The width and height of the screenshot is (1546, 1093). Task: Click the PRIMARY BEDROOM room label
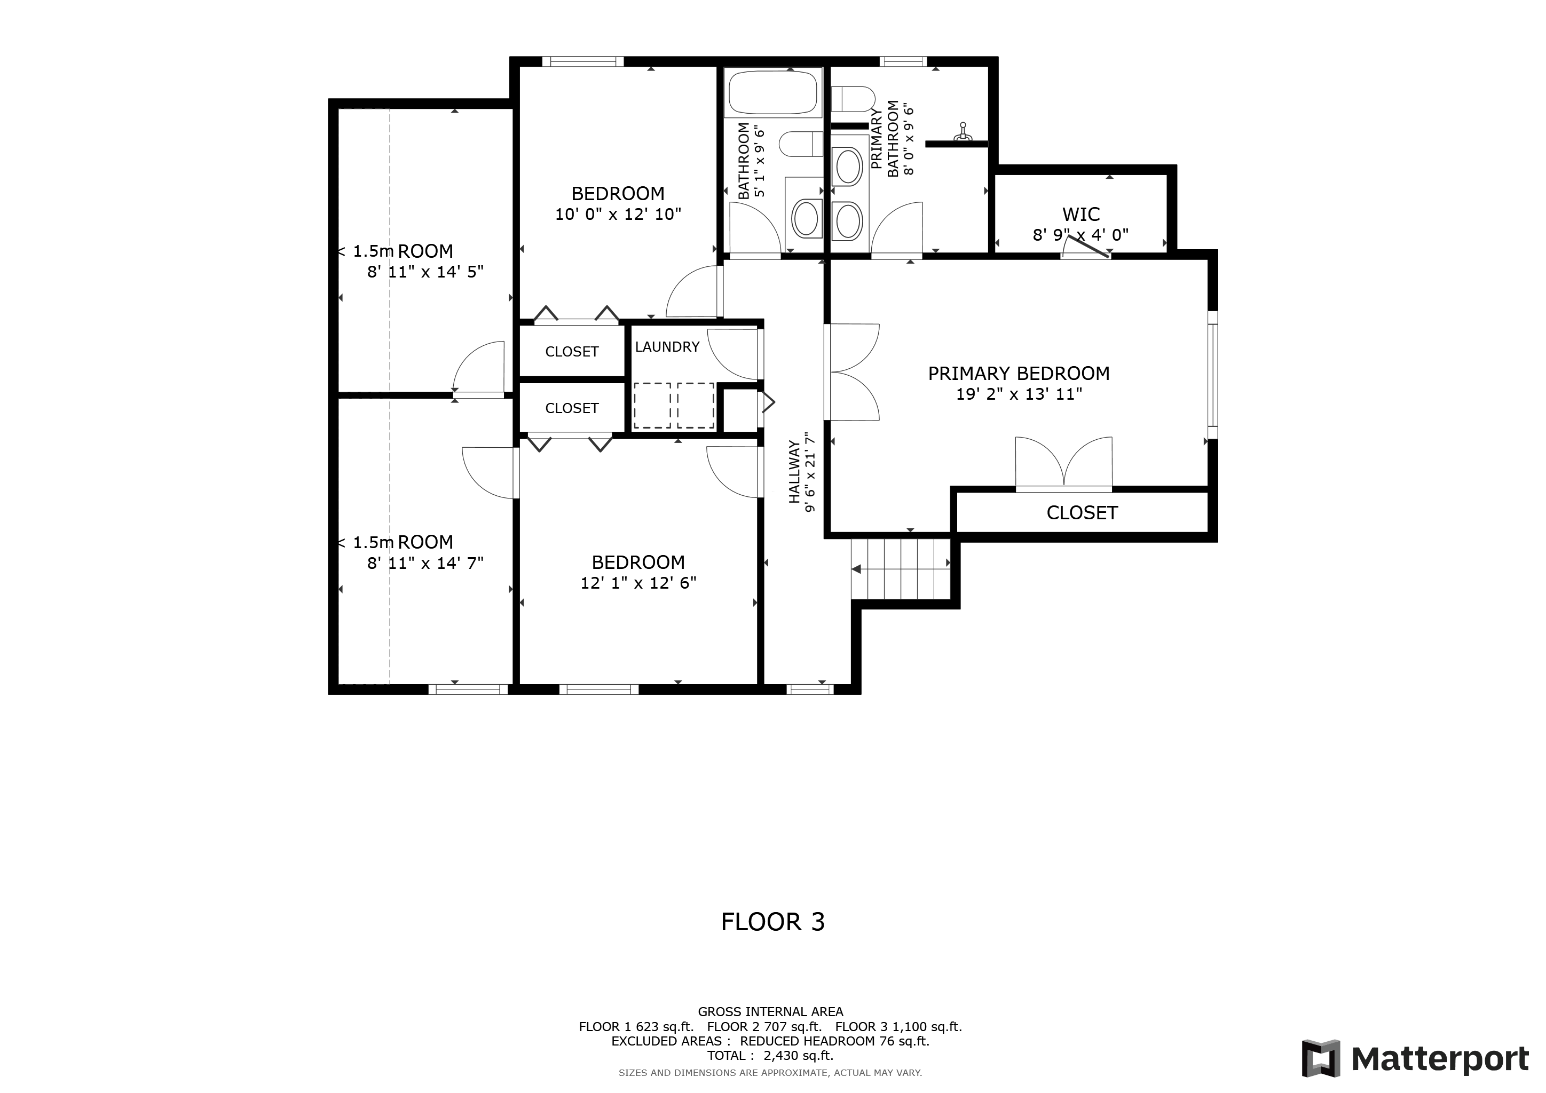(x=1019, y=374)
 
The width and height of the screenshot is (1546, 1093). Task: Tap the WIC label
(x=1080, y=215)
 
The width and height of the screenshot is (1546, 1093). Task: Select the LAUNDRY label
(x=667, y=346)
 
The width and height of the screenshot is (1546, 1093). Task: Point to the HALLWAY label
(x=794, y=472)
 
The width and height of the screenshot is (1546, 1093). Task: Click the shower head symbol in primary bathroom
(x=963, y=132)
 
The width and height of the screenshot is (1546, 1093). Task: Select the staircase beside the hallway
(x=901, y=569)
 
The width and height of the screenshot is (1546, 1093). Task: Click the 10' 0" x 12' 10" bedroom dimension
(x=618, y=215)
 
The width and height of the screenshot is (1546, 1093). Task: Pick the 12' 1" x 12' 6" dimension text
(x=638, y=583)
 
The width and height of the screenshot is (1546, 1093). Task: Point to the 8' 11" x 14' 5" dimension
(x=425, y=272)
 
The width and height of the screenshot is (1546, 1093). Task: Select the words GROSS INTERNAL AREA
(x=770, y=1011)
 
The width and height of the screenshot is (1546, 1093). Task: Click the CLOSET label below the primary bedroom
(x=1082, y=513)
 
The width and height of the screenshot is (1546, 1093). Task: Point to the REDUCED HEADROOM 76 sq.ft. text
(x=835, y=1041)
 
